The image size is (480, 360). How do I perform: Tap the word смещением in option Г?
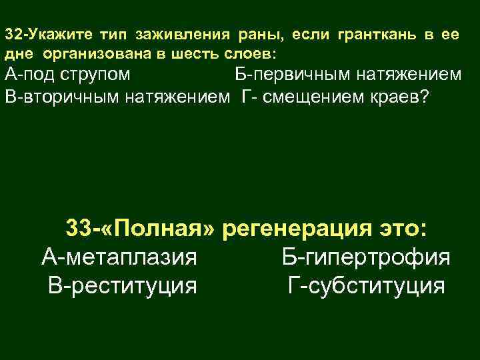click(311, 97)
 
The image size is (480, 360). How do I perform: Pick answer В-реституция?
click(123, 286)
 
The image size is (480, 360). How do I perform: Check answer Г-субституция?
click(366, 286)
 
